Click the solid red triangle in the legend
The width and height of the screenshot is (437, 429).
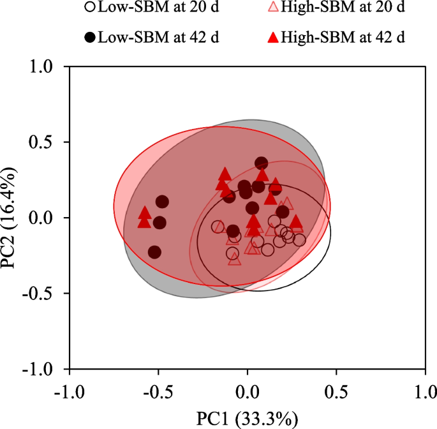coord(272,37)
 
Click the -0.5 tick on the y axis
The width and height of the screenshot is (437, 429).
coord(47,294)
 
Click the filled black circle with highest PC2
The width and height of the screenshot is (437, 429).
coord(261,164)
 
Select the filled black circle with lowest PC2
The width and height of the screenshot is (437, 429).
coord(155,252)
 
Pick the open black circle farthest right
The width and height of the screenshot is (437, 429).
coord(299,240)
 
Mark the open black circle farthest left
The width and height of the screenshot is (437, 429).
coord(218,227)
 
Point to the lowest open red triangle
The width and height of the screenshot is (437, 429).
coord(235,259)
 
